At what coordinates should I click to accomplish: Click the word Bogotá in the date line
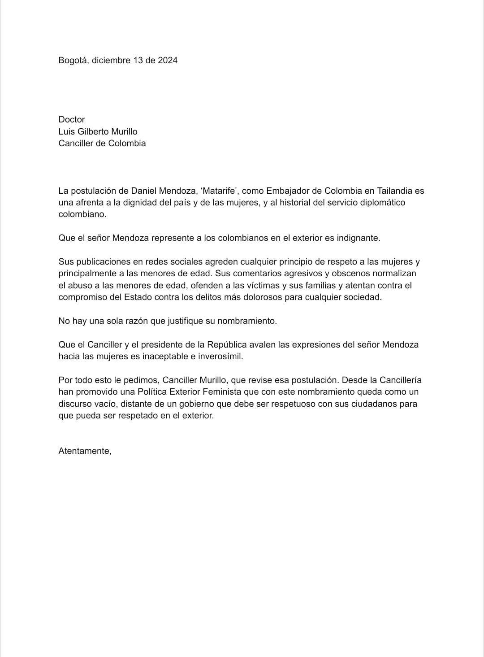(x=72, y=60)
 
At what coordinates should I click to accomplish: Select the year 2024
(x=167, y=60)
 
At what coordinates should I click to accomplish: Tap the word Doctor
(x=72, y=119)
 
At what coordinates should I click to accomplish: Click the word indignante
(x=358, y=238)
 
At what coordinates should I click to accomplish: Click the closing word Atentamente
(x=85, y=451)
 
